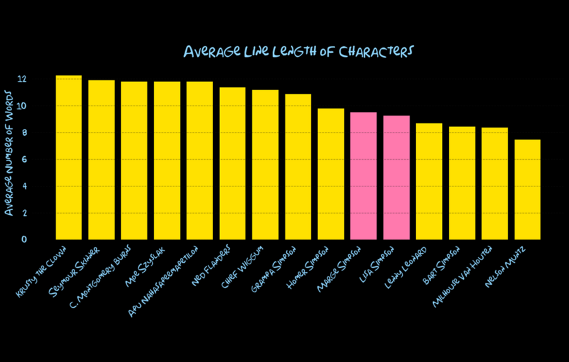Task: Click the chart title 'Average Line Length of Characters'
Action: point(297,51)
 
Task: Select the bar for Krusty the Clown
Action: point(68,158)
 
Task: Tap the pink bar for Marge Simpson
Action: point(364,176)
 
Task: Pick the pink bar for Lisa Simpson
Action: point(396,178)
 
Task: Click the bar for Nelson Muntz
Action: point(527,190)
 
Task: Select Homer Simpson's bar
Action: point(331,174)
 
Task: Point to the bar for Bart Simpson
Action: point(462,183)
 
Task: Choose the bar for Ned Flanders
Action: point(233,164)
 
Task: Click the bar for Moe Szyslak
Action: point(167,160)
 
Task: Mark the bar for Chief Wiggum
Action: point(266,165)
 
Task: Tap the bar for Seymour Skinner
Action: point(101,160)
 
